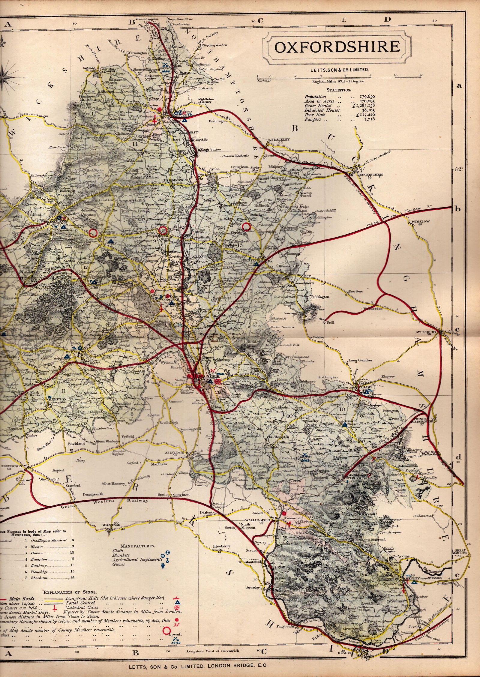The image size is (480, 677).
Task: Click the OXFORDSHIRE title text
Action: click(337, 47)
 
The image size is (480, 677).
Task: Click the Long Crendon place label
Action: click(360, 360)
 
